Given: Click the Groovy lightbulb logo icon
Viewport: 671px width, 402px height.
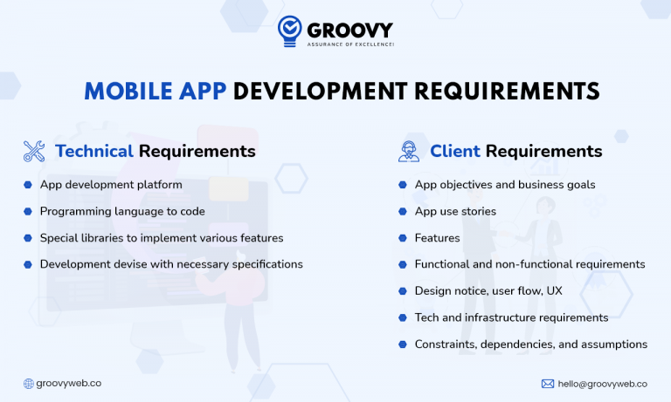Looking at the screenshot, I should click(289, 31).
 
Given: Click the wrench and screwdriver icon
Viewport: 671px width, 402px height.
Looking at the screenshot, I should click(34, 151).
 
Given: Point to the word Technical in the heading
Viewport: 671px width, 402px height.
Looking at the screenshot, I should click(94, 151).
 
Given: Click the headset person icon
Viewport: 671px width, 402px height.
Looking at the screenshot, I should click(408, 151).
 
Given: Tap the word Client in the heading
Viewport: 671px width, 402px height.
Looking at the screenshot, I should click(454, 151).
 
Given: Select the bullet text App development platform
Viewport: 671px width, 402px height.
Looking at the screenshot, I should click(111, 185).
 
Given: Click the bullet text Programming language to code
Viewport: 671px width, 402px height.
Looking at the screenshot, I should click(122, 211).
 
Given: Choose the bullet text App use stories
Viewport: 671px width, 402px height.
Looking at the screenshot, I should click(455, 211).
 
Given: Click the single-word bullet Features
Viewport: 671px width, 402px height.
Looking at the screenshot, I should click(437, 237).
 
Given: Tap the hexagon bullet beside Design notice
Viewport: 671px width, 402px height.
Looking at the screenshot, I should click(403, 290).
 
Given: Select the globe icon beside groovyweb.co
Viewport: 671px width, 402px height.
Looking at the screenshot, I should click(28, 383).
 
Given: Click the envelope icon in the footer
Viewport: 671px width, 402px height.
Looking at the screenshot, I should click(548, 383).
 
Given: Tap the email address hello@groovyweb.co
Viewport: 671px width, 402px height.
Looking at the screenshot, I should click(602, 383).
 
